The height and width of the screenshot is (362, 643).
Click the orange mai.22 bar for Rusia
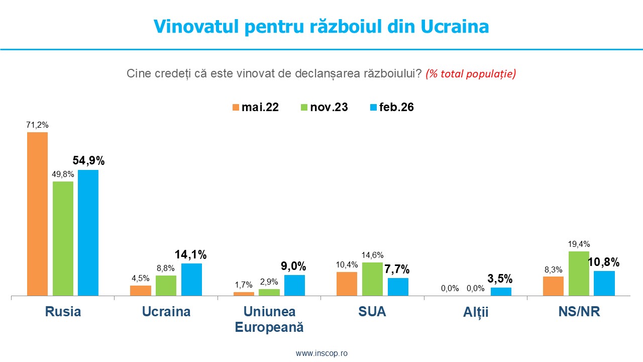pos(37,214)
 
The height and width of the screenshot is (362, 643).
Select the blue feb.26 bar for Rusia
pos(88,233)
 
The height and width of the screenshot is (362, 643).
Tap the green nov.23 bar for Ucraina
pos(166,286)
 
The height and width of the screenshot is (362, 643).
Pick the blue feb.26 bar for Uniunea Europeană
pos(294,285)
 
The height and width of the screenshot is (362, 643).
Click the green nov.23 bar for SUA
pos(372,279)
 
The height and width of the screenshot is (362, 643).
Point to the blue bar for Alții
pos(501,292)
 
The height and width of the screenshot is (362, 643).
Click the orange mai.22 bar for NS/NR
pos(553,286)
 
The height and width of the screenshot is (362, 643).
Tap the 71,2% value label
pos(37,125)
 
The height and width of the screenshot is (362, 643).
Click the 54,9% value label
pos(88,161)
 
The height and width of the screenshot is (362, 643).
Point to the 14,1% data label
pos(191,254)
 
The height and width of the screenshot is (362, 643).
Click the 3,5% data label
pos(500,279)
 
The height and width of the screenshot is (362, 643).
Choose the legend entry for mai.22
pos(255,107)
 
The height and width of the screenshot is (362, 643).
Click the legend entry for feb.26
pos(391,107)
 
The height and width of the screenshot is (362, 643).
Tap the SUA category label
pos(372,312)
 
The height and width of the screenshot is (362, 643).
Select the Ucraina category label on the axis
pos(166,312)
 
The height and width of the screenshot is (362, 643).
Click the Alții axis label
pos(476,313)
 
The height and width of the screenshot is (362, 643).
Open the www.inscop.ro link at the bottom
pos(321,353)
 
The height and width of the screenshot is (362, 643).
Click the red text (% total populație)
pos(471,74)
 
